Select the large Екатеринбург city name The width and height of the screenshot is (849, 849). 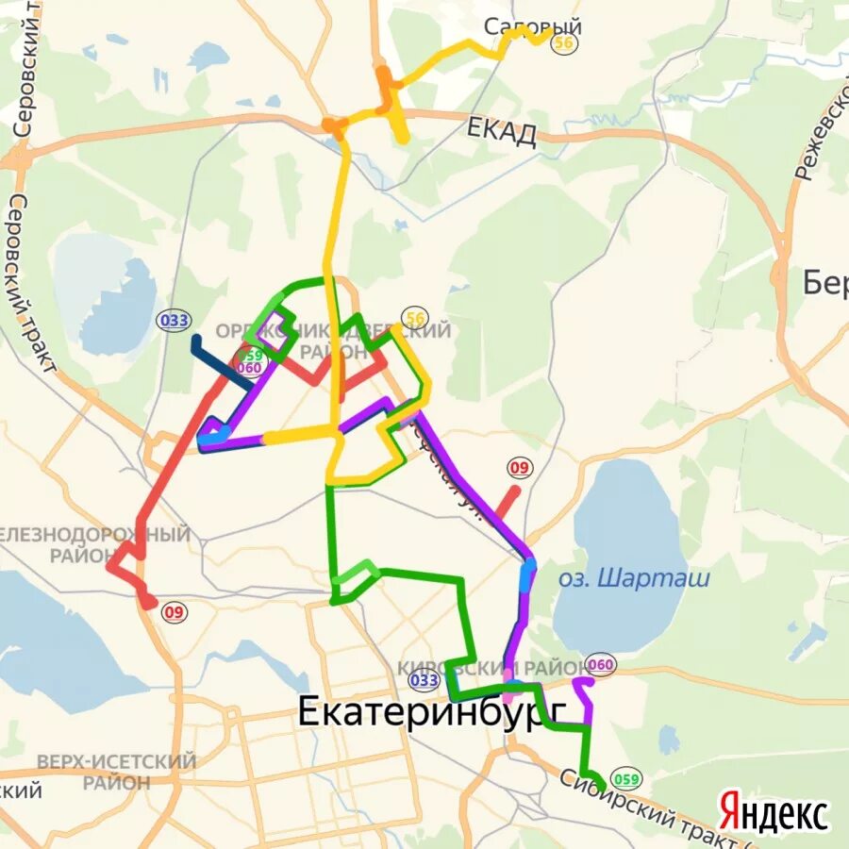(x=432, y=711)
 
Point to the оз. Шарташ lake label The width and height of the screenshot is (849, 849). (x=633, y=578)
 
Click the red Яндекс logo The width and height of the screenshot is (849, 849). (x=774, y=812)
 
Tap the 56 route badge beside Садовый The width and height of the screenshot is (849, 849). (x=565, y=43)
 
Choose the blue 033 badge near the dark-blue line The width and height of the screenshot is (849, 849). (x=174, y=320)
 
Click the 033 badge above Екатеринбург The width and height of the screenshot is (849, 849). (x=424, y=680)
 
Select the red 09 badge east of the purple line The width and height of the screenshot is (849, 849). (x=519, y=467)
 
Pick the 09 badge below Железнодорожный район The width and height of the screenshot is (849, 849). (x=174, y=612)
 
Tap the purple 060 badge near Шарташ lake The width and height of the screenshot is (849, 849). (x=601, y=665)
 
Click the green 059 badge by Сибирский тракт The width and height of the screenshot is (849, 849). (x=624, y=779)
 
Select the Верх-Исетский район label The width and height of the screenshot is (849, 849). (x=116, y=771)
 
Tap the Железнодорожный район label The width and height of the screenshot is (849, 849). (x=94, y=544)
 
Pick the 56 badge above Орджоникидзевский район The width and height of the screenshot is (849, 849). (x=413, y=319)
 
